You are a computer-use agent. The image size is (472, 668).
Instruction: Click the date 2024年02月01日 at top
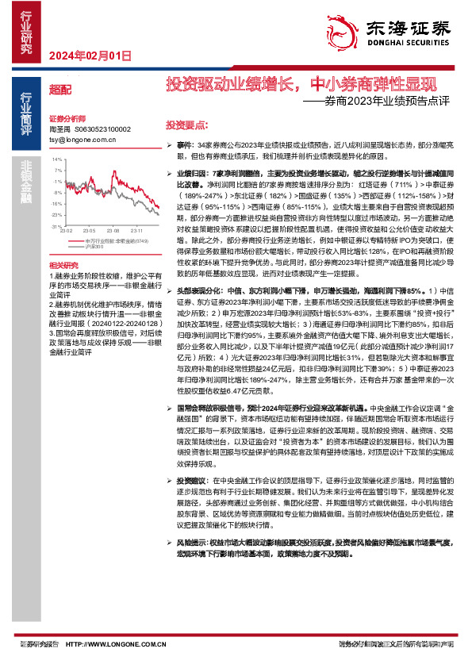90,56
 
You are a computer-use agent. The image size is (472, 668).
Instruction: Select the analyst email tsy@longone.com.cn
83,139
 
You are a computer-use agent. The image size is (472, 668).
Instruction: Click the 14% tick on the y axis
56,159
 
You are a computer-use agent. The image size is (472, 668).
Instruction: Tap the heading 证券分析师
66,117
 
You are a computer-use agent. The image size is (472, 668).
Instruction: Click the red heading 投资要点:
186,125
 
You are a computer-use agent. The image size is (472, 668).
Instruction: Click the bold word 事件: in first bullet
185,148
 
